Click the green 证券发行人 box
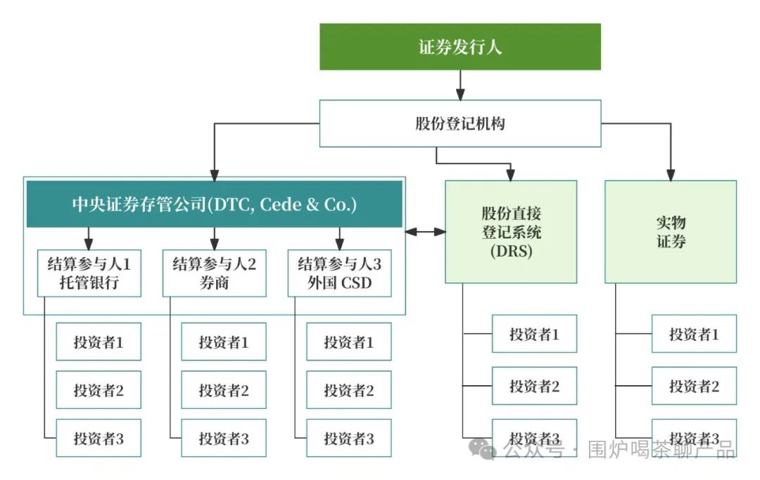click(x=460, y=47)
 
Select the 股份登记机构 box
click(x=460, y=124)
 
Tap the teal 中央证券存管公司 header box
click(x=215, y=205)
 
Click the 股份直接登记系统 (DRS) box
click(x=511, y=232)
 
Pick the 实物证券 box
click(x=671, y=232)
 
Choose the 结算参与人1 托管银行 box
click(x=89, y=273)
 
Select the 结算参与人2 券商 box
click(x=214, y=273)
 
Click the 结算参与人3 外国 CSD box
click(x=339, y=273)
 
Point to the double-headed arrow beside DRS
click(x=425, y=231)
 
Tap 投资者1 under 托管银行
click(x=99, y=342)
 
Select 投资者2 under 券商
click(x=224, y=390)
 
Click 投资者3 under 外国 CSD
click(x=348, y=439)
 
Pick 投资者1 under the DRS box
click(x=534, y=334)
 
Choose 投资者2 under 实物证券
click(x=694, y=386)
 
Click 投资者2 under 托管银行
click(x=99, y=390)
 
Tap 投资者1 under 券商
click(x=224, y=342)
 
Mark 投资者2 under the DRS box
click(x=534, y=386)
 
